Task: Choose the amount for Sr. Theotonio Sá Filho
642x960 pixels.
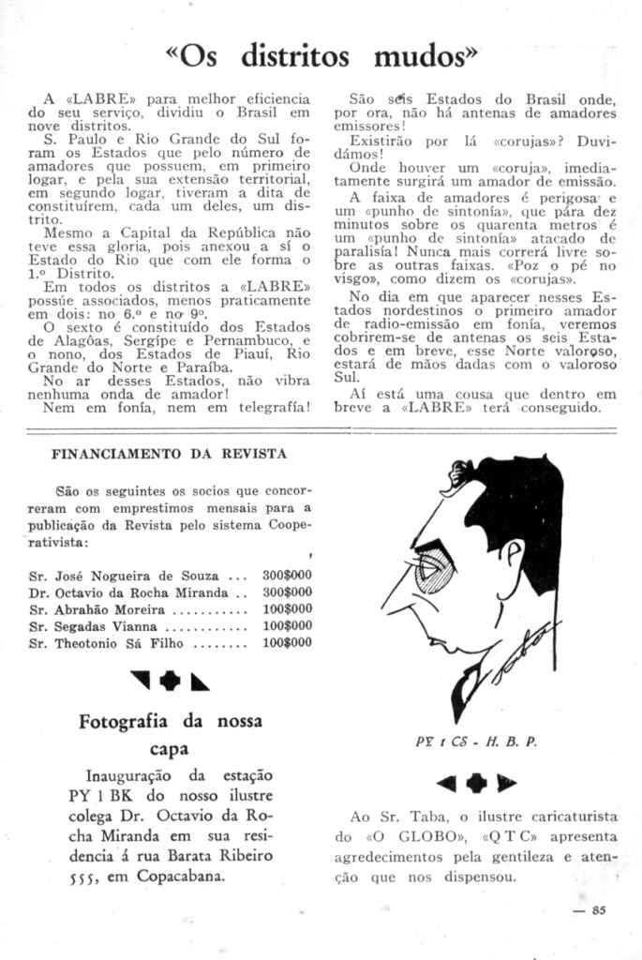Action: [x=287, y=643]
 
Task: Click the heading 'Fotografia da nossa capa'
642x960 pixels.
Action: [x=170, y=735]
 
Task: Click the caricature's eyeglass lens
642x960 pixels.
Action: [x=433, y=571]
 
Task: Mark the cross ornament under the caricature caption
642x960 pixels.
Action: [x=477, y=781]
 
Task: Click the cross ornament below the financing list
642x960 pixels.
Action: [x=170, y=682]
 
